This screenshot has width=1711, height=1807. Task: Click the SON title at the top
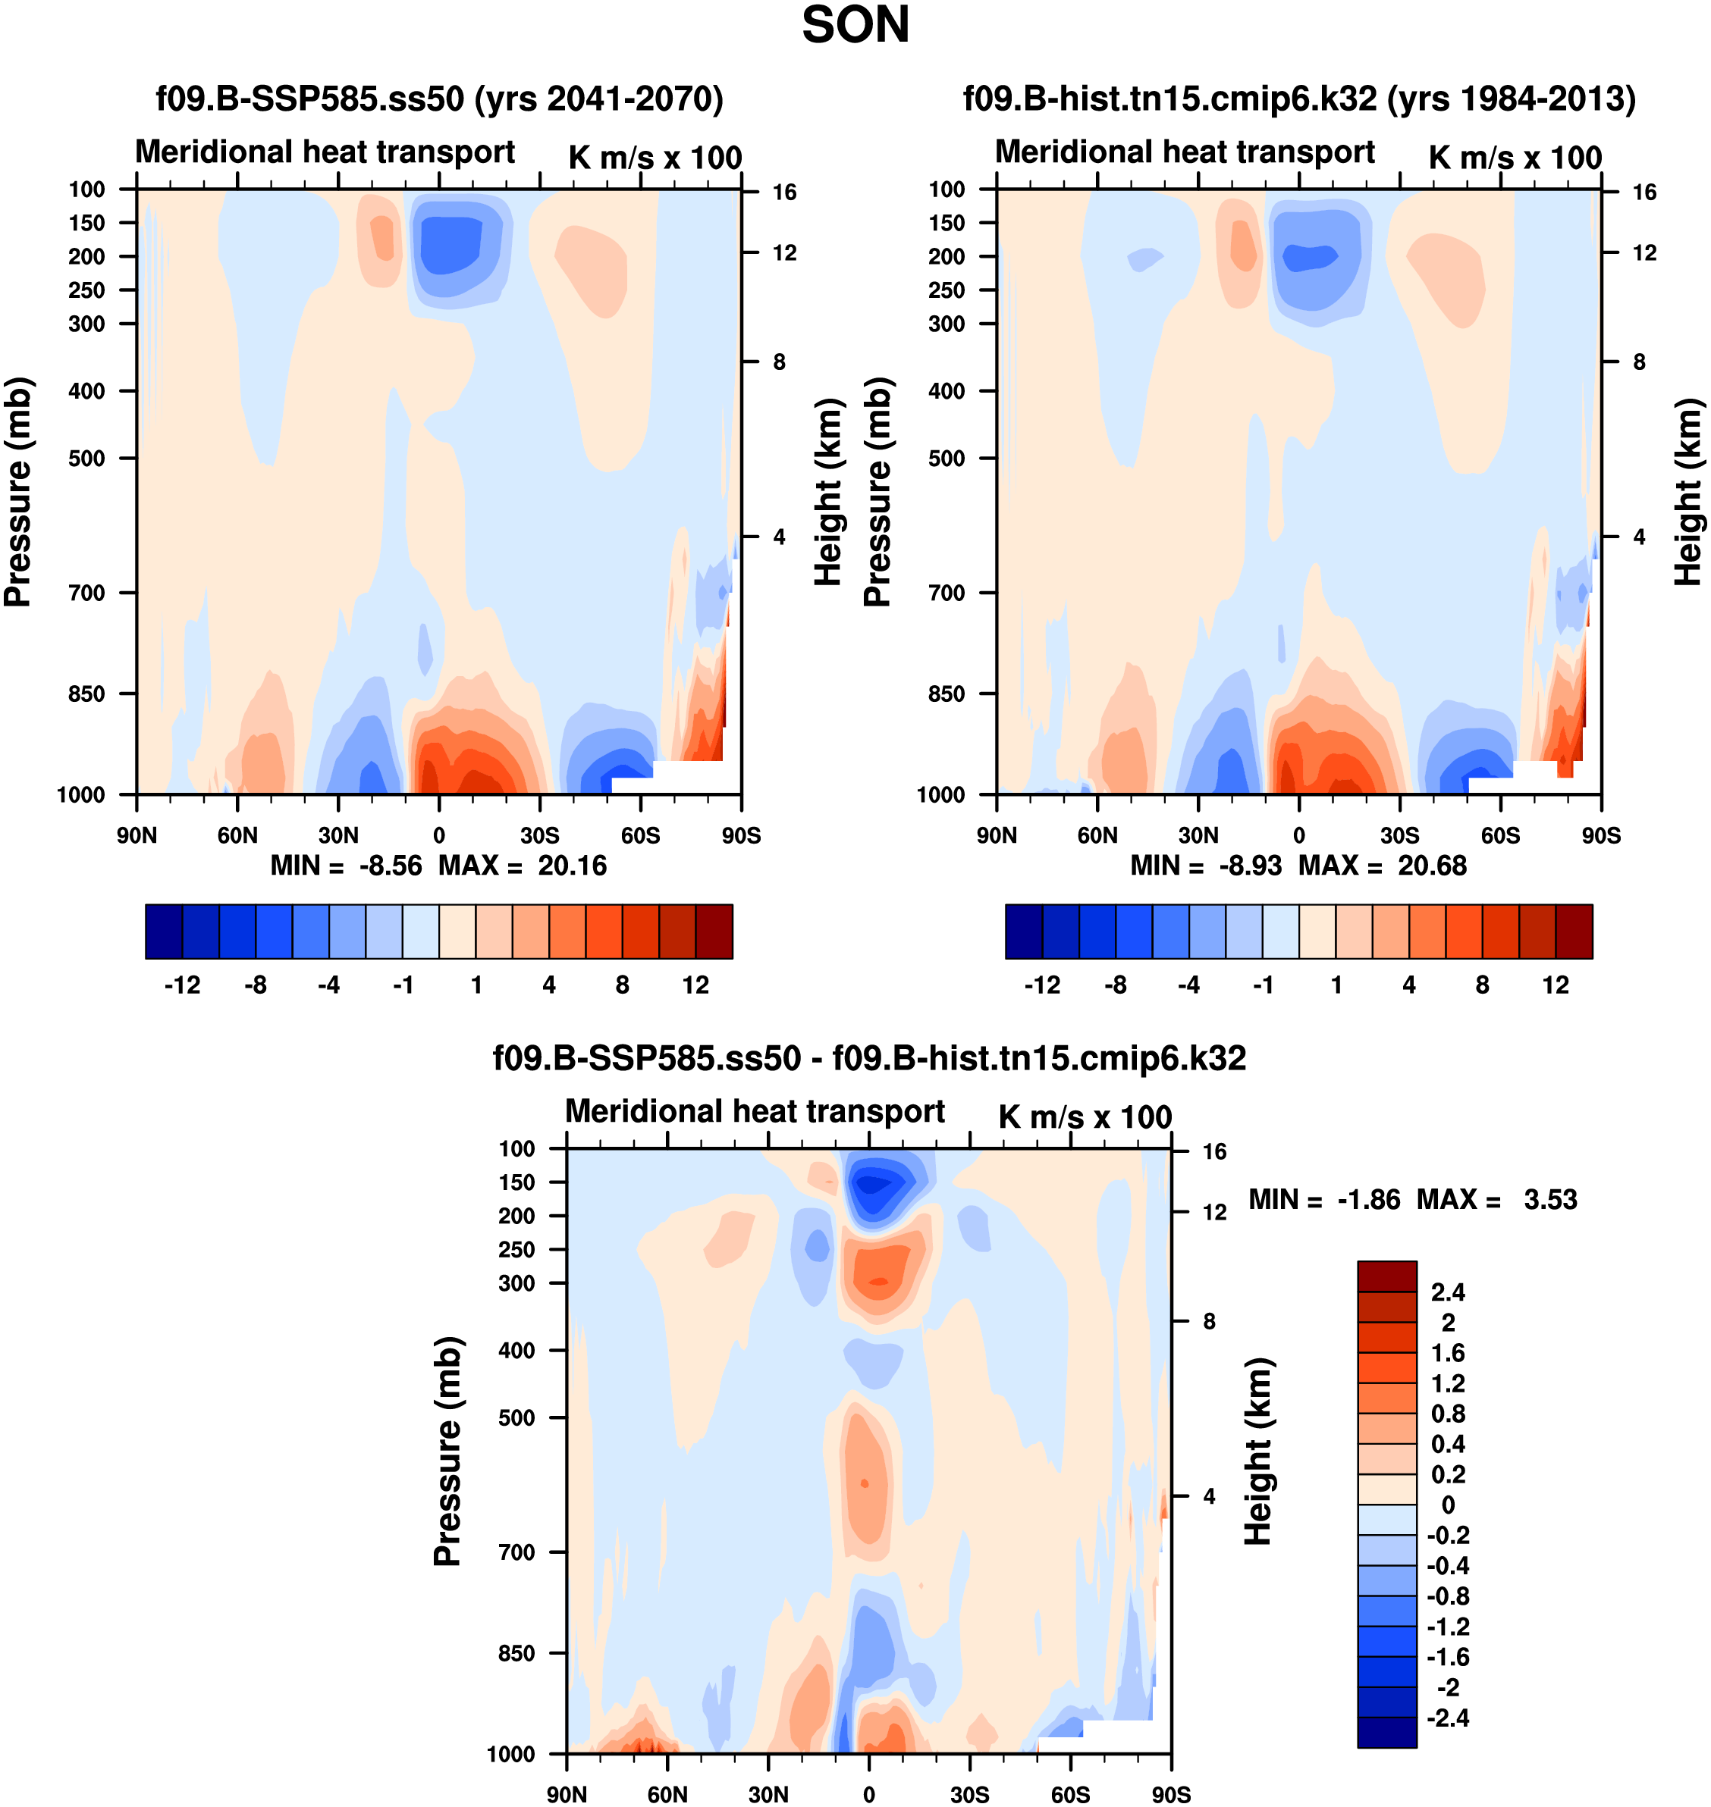coord(855,26)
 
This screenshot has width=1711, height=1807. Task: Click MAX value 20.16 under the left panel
coord(572,865)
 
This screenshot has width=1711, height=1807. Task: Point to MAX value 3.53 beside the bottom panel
coord(1549,1199)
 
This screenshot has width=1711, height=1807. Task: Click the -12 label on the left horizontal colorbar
coord(183,985)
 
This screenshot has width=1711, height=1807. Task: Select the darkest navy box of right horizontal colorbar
coord(1023,931)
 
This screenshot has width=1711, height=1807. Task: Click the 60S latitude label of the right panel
coord(1500,835)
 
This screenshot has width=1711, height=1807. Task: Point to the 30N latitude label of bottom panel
coord(768,1794)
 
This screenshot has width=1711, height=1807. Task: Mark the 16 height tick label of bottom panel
coord(1214,1151)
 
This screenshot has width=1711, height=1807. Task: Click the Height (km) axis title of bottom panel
coord(1259,1452)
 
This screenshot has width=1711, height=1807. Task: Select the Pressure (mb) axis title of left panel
coord(18,493)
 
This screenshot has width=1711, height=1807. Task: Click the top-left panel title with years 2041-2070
coord(440,99)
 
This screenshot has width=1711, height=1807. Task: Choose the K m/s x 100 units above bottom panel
coord(1085,1116)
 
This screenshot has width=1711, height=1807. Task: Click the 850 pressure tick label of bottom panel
coord(516,1653)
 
